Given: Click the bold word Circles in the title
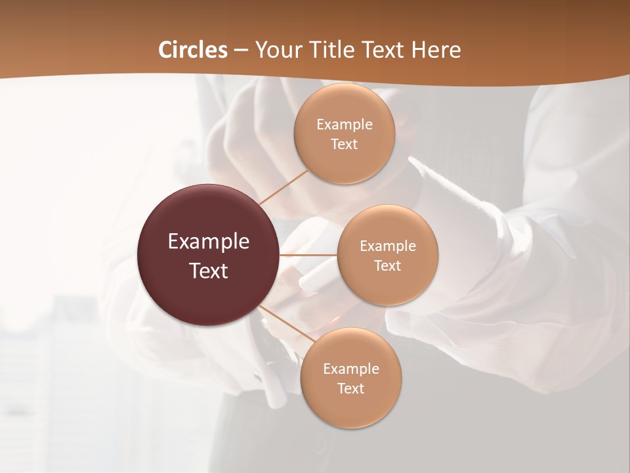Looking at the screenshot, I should [x=192, y=50].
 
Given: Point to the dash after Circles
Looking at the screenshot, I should [x=241, y=51].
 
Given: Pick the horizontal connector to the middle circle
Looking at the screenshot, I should [x=308, y=255].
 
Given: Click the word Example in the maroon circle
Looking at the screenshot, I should [x=209, y=242].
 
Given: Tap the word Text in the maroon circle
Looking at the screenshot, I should [x=209, y=271].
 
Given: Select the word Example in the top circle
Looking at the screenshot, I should [x=345, y=125].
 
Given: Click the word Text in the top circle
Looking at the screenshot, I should [x=345, y=145].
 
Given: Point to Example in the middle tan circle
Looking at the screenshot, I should [x=388, y=246].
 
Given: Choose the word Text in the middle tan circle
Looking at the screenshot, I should [x=388, y=266].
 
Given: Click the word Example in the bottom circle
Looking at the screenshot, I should [x=351, y=369].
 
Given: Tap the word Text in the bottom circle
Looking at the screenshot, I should [x=351, y=389].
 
